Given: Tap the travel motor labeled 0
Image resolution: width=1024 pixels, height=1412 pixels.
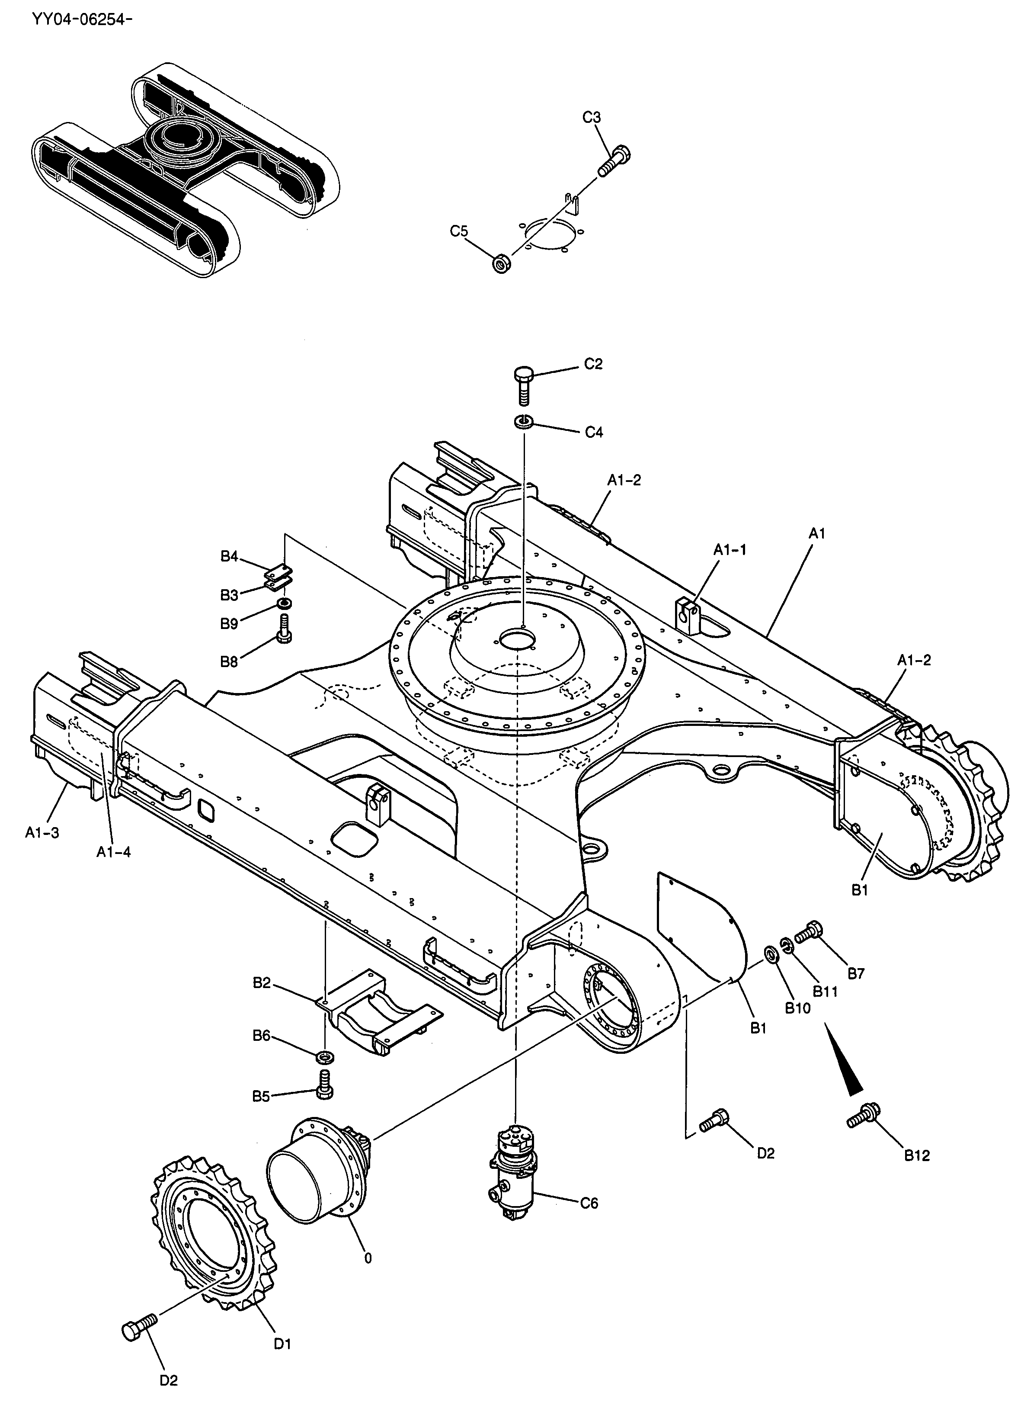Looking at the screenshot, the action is [x=320, y=1171].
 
